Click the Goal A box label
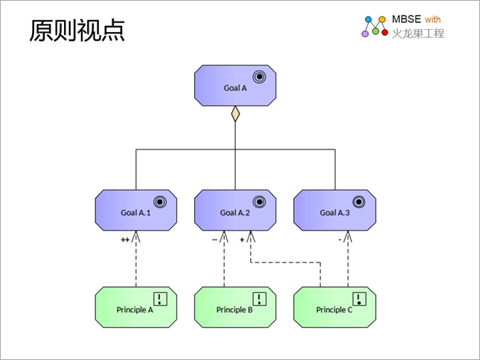[235, 88]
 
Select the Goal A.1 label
[135, 213]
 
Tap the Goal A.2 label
[235, 213]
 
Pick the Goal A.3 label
[335, 213]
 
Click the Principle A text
[135, 310]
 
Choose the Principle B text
[234, 310]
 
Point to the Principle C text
[334, 310]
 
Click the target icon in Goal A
[259, 77]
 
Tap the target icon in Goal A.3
[359, 202]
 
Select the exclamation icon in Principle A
[160, 299]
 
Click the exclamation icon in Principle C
[359, 299]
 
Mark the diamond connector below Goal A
[235, 114]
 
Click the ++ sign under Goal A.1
[125, 240]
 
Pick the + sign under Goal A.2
[242, 240]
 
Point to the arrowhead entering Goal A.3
[348, 237]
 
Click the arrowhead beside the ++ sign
[136, 237]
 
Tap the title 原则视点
[77, 30]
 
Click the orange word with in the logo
[432, 19]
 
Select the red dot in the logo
[385, 32]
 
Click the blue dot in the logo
[368, 19]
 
